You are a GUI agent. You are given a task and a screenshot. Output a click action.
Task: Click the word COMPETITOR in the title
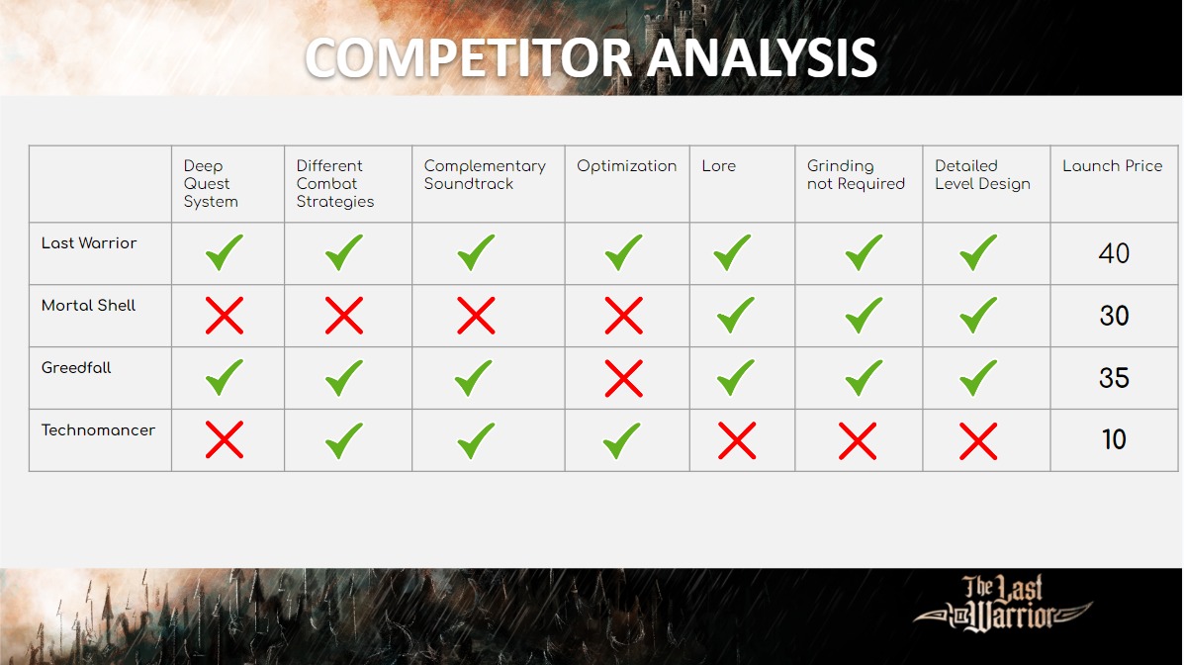click(x=468, y=58)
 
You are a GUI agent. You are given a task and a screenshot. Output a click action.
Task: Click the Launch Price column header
click(x=1112, y=165)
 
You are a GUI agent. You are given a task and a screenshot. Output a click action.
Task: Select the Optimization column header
click(x=627, y=166)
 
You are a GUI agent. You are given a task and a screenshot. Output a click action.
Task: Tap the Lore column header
click(x=718, y=165)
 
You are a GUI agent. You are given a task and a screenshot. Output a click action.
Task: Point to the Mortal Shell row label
click(x=88, y=306)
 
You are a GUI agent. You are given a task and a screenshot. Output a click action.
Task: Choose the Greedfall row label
click(x=76, y=367)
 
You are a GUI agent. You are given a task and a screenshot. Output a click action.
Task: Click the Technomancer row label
click(x=98, y=430)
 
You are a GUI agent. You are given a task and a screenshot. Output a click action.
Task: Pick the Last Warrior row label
click(x=89, y=242)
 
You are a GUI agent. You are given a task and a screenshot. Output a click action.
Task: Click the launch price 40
click(x=1114, y=253)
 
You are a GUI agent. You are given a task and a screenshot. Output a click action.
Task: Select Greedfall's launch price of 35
click(x=1114, y=378)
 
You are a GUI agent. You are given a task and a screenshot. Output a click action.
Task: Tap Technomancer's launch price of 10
click(x=1114, y=439)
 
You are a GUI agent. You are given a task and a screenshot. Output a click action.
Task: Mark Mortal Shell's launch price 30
click(x=1114, y=315)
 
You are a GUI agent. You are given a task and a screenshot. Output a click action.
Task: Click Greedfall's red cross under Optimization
click(x=624, y=378)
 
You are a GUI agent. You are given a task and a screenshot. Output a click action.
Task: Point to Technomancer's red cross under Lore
click(x=737, y=440)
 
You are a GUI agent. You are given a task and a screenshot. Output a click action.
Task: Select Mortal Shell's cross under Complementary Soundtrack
click(x=476, y=316)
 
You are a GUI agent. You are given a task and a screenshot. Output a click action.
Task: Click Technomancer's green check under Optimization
click(x=622, y=440)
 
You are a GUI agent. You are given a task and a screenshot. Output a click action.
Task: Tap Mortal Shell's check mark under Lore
click(x=735, y=316)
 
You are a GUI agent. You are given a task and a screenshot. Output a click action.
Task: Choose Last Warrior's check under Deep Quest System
click(x=225, y=253)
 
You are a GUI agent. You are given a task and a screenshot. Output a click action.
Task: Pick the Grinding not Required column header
click(x=856, y=175)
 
